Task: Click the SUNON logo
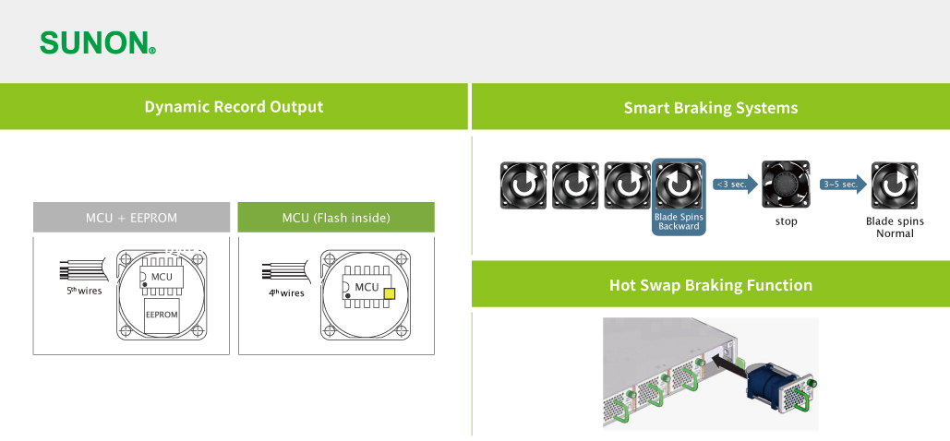point(98,43)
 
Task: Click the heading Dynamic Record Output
point(234,107)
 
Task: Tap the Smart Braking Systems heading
point(711,108)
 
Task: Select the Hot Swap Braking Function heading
point(711,285)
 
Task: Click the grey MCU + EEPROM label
point(131,218)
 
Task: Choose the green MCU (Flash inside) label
point(336,218)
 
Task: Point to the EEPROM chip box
point(162,316)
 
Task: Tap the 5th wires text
point(84,291)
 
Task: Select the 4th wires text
point(286,293)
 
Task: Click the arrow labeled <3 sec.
point(736,185)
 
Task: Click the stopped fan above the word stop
point(786,185)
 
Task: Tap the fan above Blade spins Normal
point(895,185)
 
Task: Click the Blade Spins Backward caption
point(679,221)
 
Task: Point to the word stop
point(787,221)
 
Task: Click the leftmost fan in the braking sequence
point(523,185)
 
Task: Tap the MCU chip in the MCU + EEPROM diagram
point(161,277)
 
